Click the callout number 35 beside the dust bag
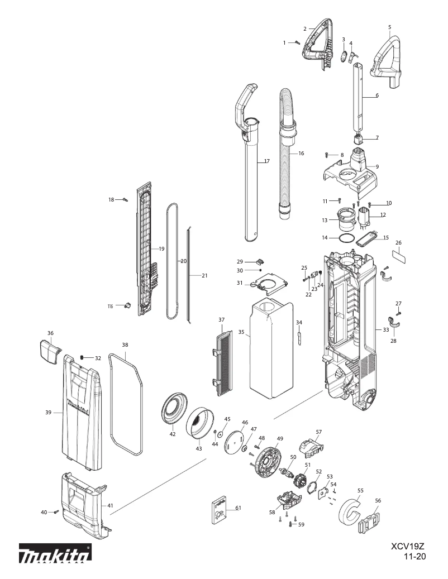tap(241, 332)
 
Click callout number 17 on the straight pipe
tap(266, 161)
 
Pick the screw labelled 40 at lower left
tap(56, 511)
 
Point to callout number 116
tap(110, 306)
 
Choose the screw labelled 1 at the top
tap(297, 42)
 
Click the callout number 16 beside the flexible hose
tap(301, 153)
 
